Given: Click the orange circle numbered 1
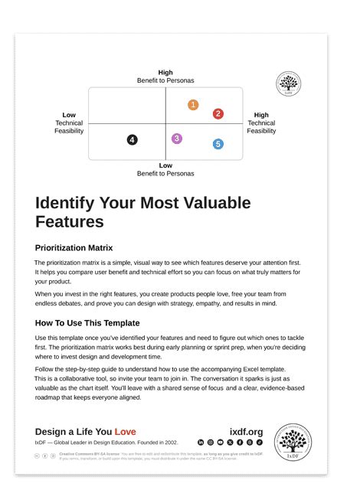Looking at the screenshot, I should click(x=193, y=104).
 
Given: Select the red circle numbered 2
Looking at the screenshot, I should click(x=218, y=114).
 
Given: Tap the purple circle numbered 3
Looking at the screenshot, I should click(x=177, y=139).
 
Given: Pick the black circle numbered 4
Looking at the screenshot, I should click(x=133, y=140).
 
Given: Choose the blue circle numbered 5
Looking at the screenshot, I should click(x=218, y=143).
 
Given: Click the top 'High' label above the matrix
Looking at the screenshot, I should click(x=165, y=73).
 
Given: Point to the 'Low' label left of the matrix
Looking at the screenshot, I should click(x=69, y=115).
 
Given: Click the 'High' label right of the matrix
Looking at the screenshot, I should click(x=261, y=115).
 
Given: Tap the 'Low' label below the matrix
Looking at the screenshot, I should click(x=165, y=165).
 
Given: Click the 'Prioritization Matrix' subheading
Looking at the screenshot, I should click(x=74, y=247).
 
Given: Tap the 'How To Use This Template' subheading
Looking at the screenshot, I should click(x=87, y=322).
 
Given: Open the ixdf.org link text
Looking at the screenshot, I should click(x=246, y=432).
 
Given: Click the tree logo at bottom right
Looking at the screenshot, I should click(x=292, y=443).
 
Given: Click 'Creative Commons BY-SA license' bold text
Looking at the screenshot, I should click(x=83, y=453).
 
